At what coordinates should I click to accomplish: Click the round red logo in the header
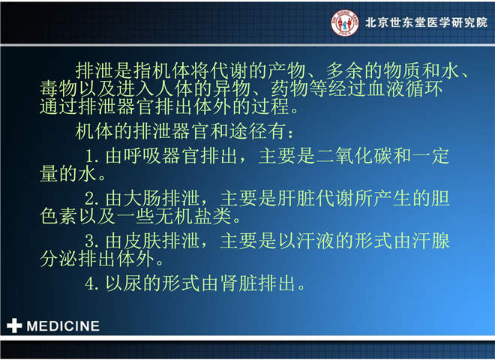pos(345,22)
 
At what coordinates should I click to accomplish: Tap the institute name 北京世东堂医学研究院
pos(426,22)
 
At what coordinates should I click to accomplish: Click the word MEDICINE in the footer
pos(63,326)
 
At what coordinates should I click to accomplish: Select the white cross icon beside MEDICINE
pos(14,326)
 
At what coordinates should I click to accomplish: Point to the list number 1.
pos(91,156)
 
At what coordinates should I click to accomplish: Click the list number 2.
pos(91,199)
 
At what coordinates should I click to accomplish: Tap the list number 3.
pos(91,241)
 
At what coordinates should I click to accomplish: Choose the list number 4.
pos(91,283)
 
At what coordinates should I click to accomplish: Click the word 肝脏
pos(297,199)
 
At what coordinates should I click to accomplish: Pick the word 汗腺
pos(431,241)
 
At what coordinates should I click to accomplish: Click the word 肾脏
pos(239,283)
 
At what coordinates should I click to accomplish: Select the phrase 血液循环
pos(405,88)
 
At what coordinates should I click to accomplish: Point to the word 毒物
pos(59,88)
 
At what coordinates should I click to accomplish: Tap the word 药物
pos(289,88)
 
